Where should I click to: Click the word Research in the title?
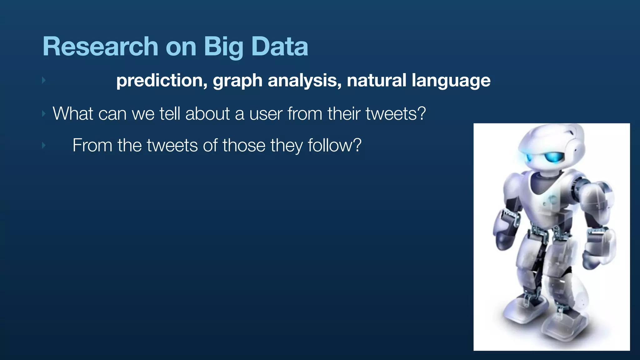pyautogui.click(x=100, y=47)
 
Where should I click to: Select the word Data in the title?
pyautogui.click(x=280, y=47)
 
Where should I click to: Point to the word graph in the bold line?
pyautogui.click(x=237, y=81)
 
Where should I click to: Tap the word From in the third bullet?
pyautogui.click(x=92, y=145)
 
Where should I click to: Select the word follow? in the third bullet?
pyautogui.click(x=334, y=145)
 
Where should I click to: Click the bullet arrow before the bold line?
pyautogui.click(x=44, y=80)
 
